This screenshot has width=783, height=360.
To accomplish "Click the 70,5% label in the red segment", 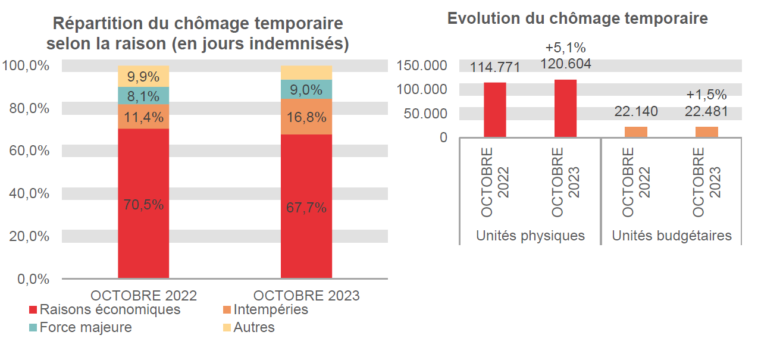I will (x=143, y=205).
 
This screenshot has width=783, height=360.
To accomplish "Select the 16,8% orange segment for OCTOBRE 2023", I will (x=306, y=117).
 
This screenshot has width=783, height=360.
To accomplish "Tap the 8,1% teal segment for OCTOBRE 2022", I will (x=143, y=96).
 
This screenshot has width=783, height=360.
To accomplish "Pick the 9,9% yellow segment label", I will (x=143, y=77).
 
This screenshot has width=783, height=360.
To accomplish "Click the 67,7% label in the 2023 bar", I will (x=306, y=208).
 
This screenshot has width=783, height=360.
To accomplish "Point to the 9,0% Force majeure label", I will (x=306, y=90).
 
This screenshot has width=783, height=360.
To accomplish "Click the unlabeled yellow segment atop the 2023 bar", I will (x=306, y=73).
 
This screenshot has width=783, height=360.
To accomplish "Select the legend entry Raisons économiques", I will (x=109, y=310).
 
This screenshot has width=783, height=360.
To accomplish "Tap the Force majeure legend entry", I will (x=85, y=328).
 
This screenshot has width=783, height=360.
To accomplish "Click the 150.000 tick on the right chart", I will (x=425, y=65).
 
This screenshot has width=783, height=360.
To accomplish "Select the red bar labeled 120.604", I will (x=565, y=108).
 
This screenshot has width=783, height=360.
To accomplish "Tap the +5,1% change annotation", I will (x=565, y=48).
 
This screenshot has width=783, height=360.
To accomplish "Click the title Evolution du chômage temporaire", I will (x=577, y=18).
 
